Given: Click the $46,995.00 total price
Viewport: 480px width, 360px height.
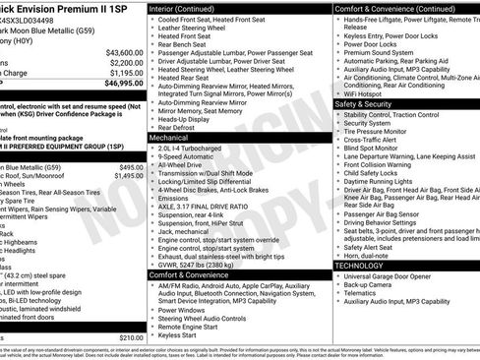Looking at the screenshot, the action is point(118,84).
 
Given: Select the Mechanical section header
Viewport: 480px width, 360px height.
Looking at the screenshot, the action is point(169,139).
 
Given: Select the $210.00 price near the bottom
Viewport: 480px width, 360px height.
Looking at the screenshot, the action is point(130,337).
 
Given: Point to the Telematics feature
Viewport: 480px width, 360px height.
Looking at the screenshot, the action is point(365,292).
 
